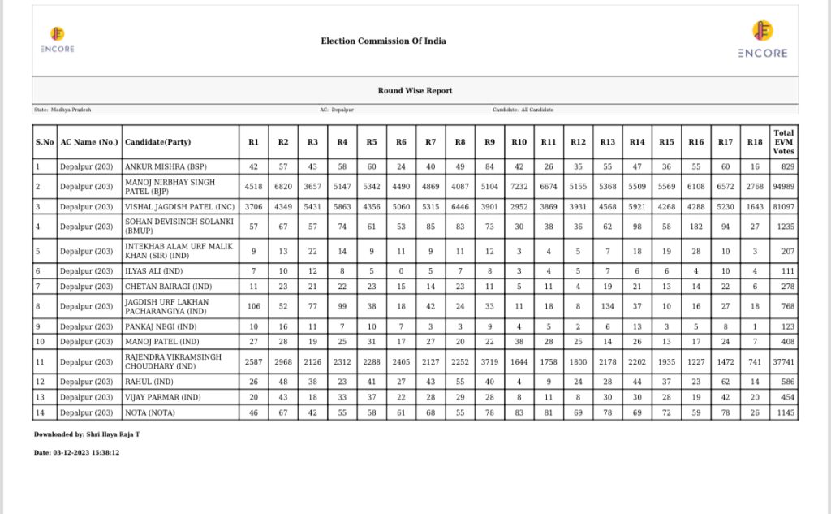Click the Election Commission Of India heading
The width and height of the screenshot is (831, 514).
[383, 41]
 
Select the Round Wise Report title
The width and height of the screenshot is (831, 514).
[415, 91]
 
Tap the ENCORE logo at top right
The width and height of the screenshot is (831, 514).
[762, 40]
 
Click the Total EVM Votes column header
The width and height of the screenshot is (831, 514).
[783, 141]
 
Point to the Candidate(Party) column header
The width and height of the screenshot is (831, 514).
[157, 142]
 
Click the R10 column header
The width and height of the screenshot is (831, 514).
[519, 142]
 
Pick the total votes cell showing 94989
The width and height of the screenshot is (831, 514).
[783, 187]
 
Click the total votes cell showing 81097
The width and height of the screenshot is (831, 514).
[783, 207]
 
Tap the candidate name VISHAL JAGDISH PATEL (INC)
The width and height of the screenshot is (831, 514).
[179, 207]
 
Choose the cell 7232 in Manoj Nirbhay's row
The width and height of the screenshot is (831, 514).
[519, 187]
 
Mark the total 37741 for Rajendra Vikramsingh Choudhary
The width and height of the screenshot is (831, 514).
[783, 362]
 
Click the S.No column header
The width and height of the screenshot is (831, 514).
[45, 142]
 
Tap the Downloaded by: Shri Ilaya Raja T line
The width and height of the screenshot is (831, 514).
[87, 434]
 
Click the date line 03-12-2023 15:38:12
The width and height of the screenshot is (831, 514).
[77, 452]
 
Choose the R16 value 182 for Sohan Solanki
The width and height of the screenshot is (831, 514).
[695, 227]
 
